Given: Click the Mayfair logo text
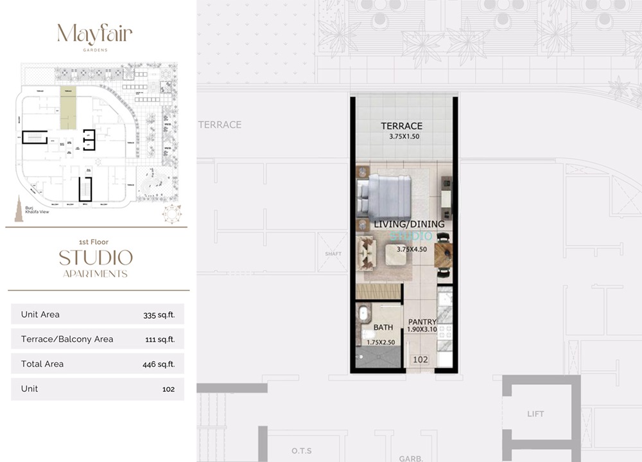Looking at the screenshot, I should point(94,34).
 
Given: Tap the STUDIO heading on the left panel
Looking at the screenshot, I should point(96,258).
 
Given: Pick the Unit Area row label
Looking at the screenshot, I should point(40,314).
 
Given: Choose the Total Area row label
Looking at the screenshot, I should point(42,364).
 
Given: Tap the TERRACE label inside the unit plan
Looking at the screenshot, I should point(401,126).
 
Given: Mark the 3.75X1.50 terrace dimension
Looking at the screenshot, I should point(404,137).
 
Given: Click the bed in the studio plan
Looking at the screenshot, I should point(385,198).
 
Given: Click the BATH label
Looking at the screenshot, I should point(383,328).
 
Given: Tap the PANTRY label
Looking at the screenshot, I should point(422,322).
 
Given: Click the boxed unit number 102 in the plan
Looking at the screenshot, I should point(421,360).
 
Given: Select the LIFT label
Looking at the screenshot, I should point(535,414).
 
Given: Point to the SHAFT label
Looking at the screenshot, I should point(334,254).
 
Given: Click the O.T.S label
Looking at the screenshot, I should point(301,450).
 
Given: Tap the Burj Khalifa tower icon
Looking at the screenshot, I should point(19,212).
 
